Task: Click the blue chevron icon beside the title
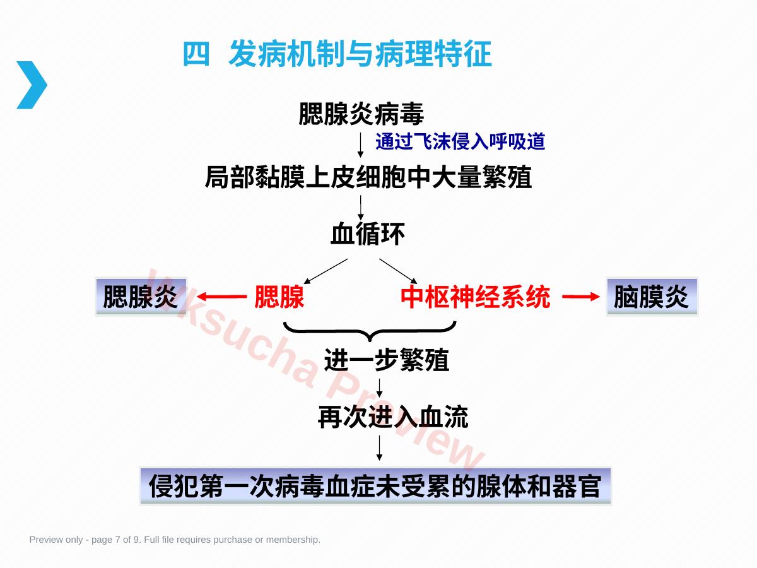(x=32, y=85)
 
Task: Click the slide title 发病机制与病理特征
(x=360, y=54)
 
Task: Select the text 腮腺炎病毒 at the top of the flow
(x=361, y=114)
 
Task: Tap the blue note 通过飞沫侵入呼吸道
(x=461, y=141)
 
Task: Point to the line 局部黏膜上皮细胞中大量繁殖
(x=368, y=177)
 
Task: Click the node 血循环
(x=368, y=234)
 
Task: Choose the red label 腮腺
(x=279, y=296)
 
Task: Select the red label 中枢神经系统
(x=475, y=296)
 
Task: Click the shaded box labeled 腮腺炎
(x=141, y=297)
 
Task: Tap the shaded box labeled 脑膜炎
(x=652, y=297)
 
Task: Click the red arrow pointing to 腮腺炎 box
(x=221, y=296)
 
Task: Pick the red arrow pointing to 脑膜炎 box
(x=581, y=296)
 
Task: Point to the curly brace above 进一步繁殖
(x=370, y=332)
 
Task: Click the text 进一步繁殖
(x=387, y=360)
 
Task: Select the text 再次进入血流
(x=393, y=417)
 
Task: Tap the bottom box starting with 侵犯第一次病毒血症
(x=375, y=486)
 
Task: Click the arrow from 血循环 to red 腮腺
(x=326, y=271)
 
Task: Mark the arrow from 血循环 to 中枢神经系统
(x=398, y=271)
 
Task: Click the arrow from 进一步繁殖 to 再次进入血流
(x=379, y=388)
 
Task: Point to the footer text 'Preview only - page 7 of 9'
(x=175, y=540)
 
